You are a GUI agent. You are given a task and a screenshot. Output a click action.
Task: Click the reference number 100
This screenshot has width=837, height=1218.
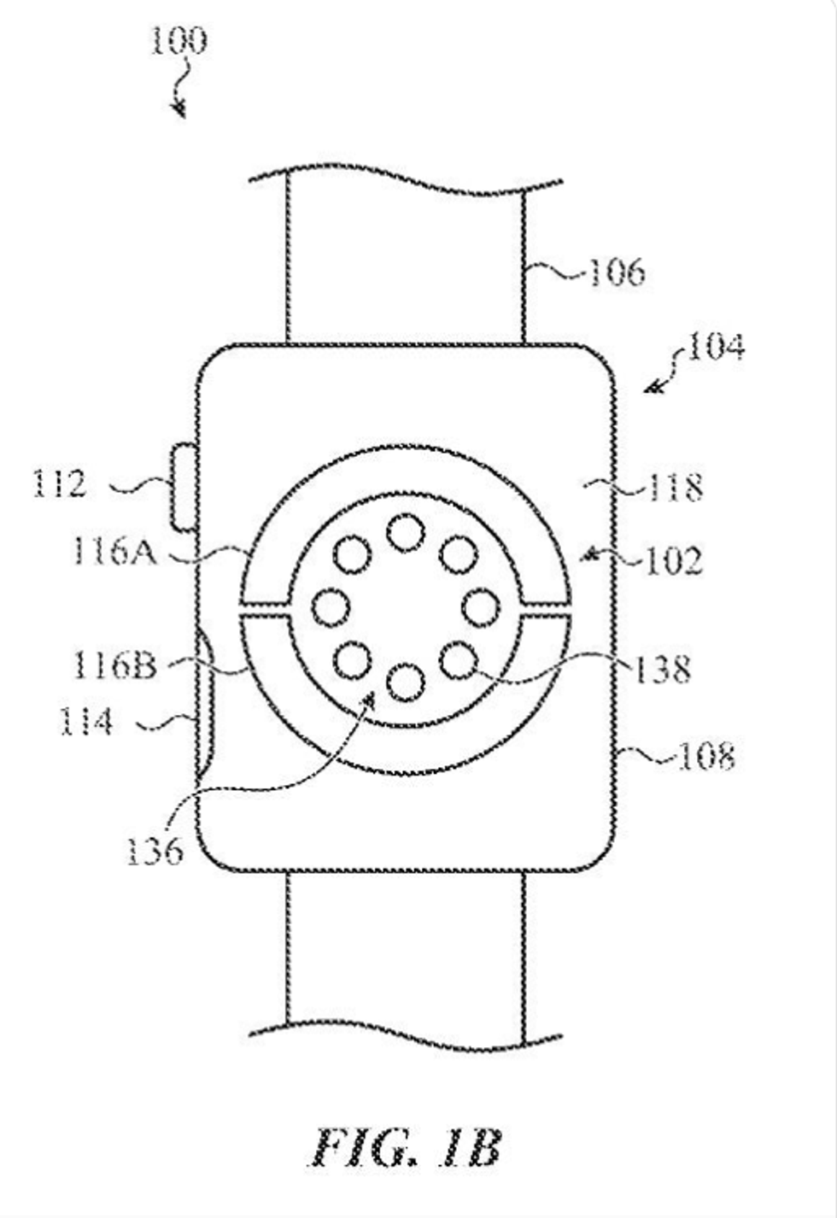point(179,41)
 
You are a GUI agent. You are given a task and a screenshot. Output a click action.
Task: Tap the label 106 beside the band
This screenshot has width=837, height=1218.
point(618,272)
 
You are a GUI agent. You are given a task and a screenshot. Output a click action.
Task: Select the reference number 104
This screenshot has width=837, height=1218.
point(717,347)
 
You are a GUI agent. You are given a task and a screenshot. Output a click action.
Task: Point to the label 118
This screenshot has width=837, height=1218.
point(676,487)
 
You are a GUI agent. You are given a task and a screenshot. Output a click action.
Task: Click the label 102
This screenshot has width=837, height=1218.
point(675,560)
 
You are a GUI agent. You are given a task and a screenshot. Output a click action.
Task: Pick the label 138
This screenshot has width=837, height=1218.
point(663,669)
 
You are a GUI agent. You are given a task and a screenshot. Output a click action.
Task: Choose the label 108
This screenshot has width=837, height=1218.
point(707,756)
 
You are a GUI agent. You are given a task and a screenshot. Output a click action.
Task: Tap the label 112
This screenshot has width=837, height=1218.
point(60,483)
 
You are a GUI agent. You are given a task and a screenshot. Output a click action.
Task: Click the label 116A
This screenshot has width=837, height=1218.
point(114,552)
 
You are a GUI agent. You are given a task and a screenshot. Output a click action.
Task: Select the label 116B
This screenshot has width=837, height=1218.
point(114,665)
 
